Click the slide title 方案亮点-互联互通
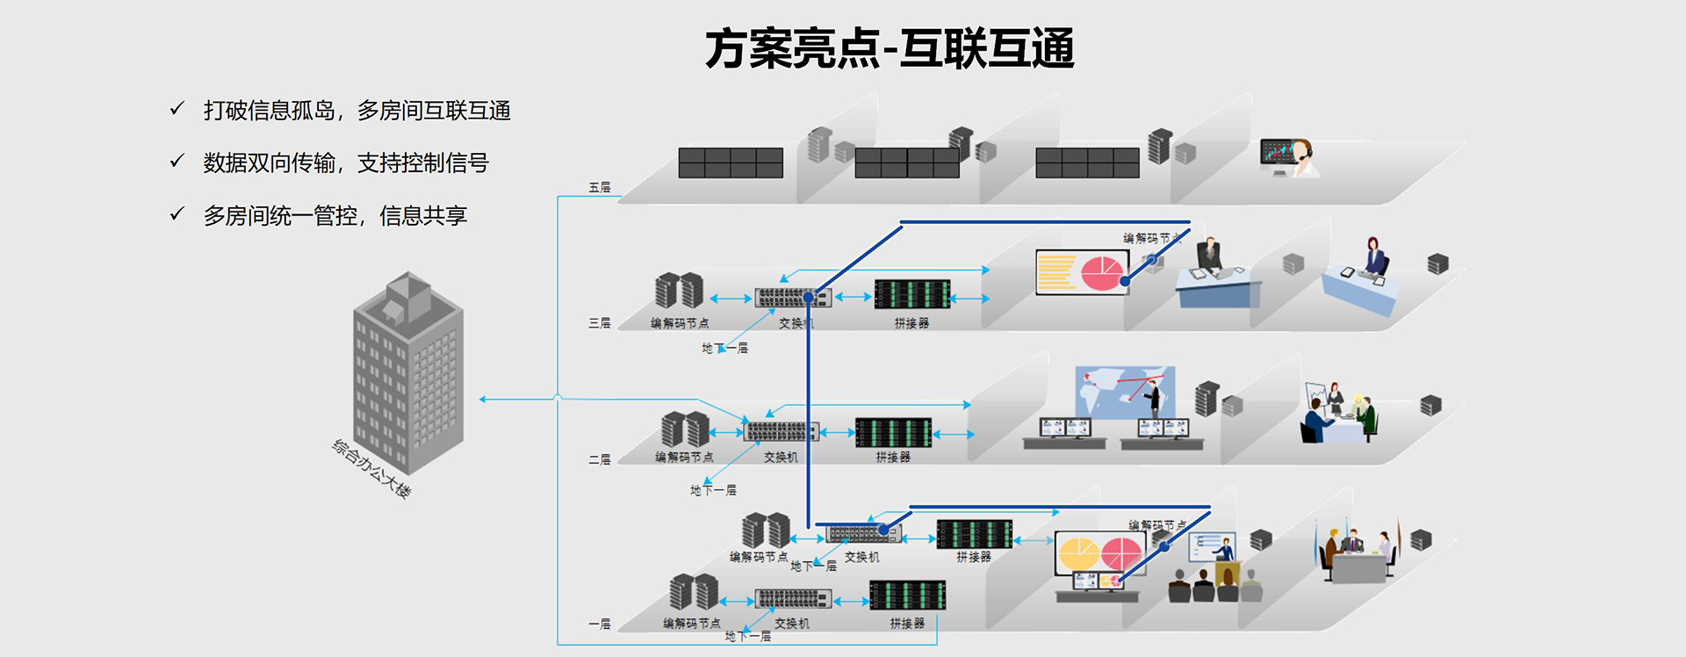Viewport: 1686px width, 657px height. tap(889, 48)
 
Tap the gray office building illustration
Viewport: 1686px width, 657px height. tap(408, 373)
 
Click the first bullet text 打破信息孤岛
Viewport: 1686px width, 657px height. tap(357, 111)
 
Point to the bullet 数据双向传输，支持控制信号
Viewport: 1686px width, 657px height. tap(345, 163)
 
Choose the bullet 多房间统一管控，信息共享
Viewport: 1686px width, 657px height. tap(335, 216)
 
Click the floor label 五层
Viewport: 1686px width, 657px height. tap(599, 188)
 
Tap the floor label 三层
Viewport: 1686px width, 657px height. tap(599, 323)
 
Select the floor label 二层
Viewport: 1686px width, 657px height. tap(599, 459)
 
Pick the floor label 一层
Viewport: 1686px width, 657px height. tap(599, 624)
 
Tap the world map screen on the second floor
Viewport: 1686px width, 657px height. tap(1125, 392)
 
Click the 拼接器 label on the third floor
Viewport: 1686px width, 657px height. tap(911, 323)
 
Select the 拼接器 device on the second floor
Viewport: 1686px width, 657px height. tap(893, 433)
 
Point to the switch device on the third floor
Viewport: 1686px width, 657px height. tap(793, 298)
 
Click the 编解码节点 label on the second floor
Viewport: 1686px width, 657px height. tap(683, 457)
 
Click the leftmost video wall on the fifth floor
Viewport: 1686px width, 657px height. tap(730, 162)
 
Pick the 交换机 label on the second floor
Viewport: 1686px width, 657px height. tap(781, 457)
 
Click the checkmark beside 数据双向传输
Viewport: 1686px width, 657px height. tap(177, 162)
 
